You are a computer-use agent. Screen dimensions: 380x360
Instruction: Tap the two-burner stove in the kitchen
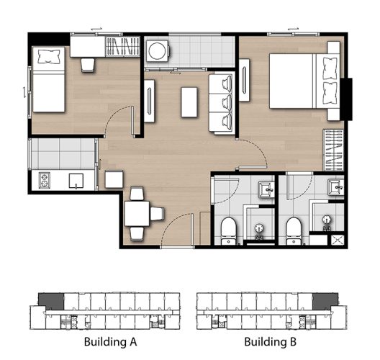tap(45, 180)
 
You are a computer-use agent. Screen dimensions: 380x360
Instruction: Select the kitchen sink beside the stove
tap(76, 181)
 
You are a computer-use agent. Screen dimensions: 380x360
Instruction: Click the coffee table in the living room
tap(189, 102)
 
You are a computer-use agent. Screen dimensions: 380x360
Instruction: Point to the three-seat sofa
tap(221, 104)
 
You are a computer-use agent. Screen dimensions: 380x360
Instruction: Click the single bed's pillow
tap(49, 56)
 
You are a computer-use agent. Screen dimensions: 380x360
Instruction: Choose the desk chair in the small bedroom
tap(87, 65)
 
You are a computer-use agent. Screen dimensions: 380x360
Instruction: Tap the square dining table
tap(137, 214)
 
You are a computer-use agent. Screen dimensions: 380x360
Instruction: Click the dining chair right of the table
tap(158, 214)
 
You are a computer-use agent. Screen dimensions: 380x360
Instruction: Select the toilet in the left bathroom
tap(228, 231)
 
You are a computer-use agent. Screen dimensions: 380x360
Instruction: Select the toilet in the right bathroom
tap(294, 231)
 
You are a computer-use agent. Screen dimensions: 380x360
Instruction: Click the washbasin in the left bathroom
tap(266, 189)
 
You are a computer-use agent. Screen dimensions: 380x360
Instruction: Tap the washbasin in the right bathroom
tap(335, 187)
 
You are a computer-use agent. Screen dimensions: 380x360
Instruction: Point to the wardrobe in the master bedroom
tap(333, 150)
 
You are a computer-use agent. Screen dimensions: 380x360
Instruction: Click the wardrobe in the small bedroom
tap(122, 47)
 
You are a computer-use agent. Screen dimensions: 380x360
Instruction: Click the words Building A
tap(111, 341)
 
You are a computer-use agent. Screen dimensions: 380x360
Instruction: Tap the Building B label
tap(270, 341)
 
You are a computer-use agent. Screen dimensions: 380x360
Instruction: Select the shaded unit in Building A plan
tap(51, 301)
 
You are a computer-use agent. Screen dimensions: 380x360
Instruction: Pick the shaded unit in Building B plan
tap(325, 301)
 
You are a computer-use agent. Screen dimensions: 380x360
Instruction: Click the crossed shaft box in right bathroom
tap(338, 240)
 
